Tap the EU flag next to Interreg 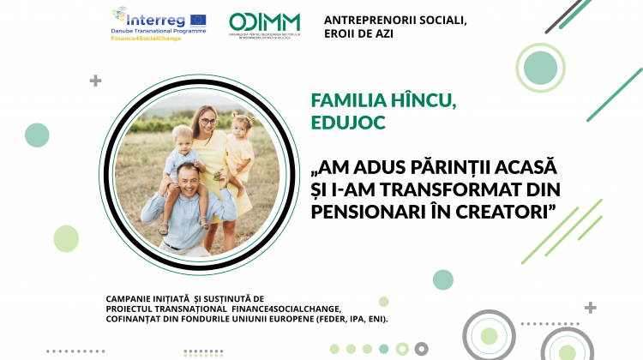197,18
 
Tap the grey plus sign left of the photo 95,81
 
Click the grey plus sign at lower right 590,307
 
